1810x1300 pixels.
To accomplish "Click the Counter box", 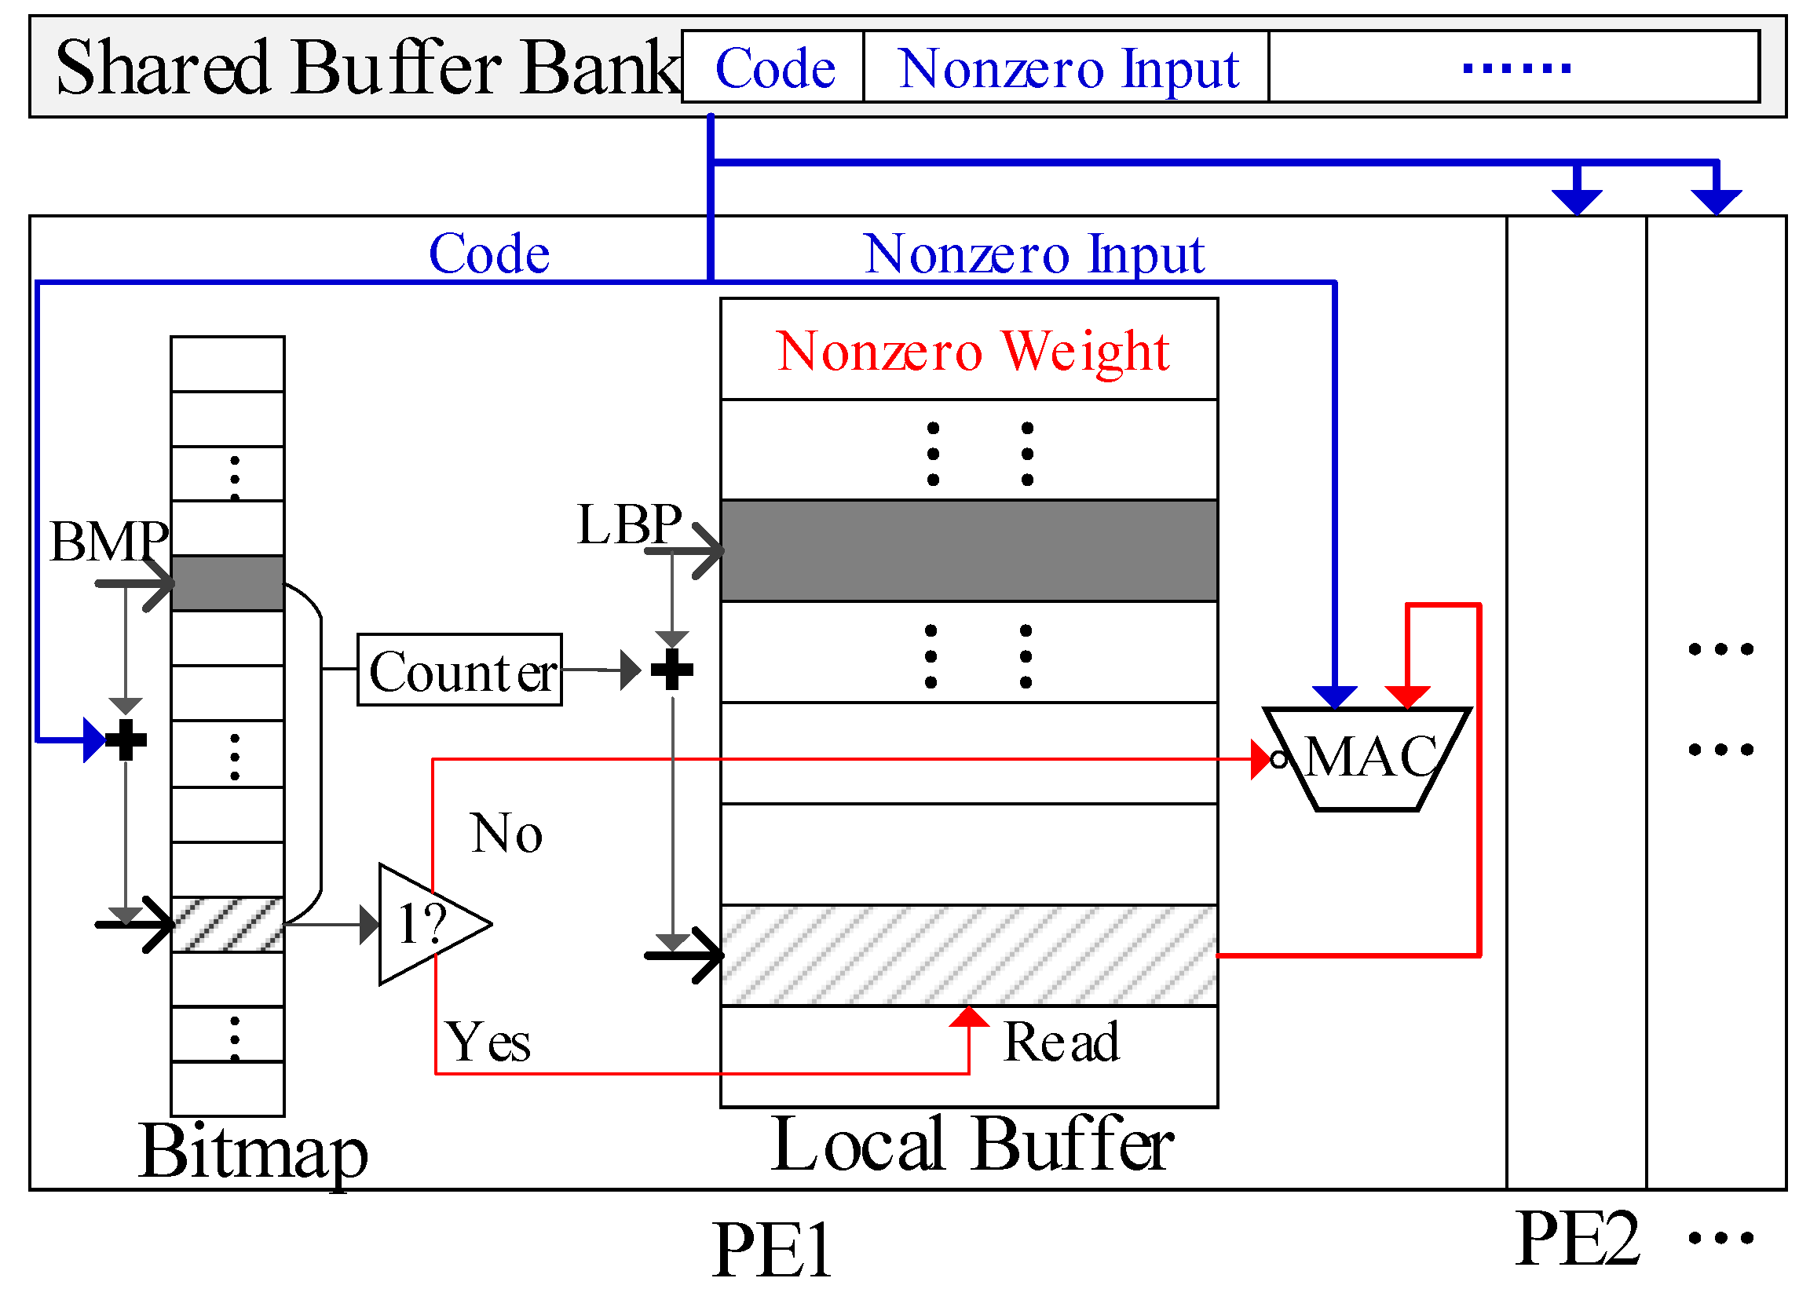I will click(x=459, y=670).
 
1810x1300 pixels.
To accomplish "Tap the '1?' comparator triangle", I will click(x=427, y=924).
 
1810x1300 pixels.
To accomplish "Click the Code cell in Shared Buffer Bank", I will click(x=773, y=67).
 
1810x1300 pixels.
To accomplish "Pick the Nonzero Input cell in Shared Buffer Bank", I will click(x=1066, y=67).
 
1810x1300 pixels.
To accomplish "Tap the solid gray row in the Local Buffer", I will click(x=968, y=550).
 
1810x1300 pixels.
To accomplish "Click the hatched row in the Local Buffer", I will click(x=968, y=955).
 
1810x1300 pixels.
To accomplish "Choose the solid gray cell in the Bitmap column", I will click(x=228, y=583).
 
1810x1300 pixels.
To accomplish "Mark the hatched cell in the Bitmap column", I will click(x=228, y=924).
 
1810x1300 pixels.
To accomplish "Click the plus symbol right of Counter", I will click(x=672, y=670).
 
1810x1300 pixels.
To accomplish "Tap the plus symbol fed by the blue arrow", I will click(x=126, y=739).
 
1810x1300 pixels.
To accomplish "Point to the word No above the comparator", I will click(x=506, y=833).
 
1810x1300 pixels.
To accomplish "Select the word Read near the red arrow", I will click(x=1061, y=1042).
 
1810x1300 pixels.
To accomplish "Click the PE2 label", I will click(x=1577, y=1239).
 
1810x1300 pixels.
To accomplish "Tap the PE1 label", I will click(x=772, y=1250).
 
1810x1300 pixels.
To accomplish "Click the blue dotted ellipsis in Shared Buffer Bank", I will click(x=1516, y=68).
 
